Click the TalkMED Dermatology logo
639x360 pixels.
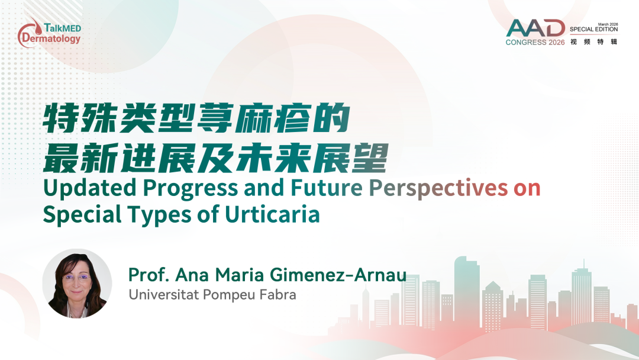click(x=49, y=33)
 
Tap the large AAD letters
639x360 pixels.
click(x=535, y=28)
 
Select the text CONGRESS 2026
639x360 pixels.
click(x=535, y=42)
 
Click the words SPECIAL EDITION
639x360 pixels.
click(x=594, y=30)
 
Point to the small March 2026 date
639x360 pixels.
click(x=608, y=24)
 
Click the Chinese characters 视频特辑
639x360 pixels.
click(x=594, y=41)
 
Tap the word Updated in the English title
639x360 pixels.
click(x=90, y=188)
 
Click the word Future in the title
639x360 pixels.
click(x=327, y=188)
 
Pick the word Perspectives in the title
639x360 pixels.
click(x=438, y=189)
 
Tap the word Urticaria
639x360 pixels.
click(x=272, y=214)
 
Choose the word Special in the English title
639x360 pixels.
click(x=82, y=215)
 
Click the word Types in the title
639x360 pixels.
click(x=159, y=215)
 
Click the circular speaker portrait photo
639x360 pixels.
click(x=77, y=284)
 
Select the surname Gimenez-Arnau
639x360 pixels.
click(x=338, y=275)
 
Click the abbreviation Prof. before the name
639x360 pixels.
click(x=149, y=275)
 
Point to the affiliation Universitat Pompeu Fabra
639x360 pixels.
click(x=212, y=294)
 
